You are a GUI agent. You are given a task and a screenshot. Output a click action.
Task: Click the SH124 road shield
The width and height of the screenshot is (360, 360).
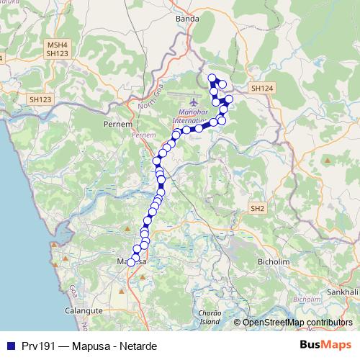[259, 88]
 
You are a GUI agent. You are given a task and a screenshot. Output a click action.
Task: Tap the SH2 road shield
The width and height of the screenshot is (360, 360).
[258, 208]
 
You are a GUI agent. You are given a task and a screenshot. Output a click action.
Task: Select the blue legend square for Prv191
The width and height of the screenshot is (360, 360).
[10, 346]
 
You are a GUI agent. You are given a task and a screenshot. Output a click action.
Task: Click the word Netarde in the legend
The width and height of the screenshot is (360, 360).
[135, 346]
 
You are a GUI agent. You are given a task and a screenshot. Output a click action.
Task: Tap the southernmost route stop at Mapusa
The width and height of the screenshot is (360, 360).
[131, 263]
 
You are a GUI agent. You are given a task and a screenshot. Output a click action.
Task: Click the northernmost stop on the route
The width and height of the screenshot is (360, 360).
[212, 78]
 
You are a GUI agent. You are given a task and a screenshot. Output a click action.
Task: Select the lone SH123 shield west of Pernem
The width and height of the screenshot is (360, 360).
[41, 99]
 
